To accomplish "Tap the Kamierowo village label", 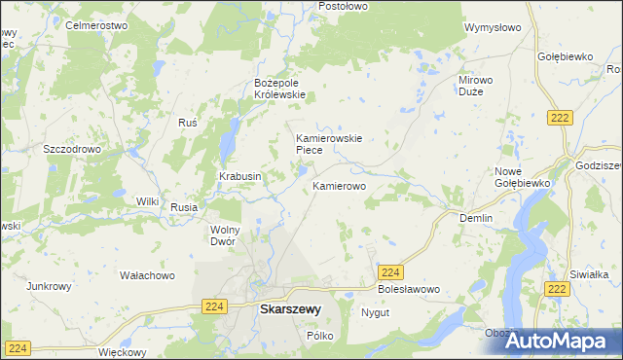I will click(x=339, y=185).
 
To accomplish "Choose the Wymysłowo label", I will click(x=494, y=28).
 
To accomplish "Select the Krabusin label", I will click(x=238, y=176).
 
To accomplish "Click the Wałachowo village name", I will click(x=146, y=275).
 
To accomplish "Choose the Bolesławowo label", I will click(x=409, y=290).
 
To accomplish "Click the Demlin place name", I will click(x=476, y=219).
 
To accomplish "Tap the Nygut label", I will click(x=375, y=313).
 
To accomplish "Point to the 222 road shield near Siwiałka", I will click(x=557, y=289).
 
